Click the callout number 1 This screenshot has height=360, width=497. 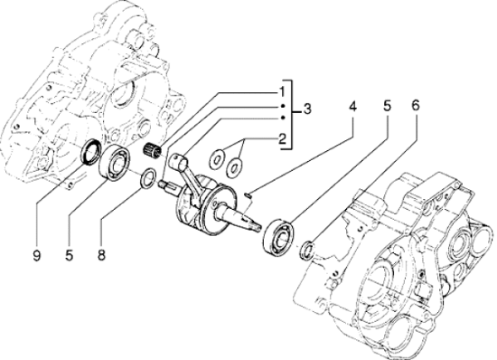tap(282, 92)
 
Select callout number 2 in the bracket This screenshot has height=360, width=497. tap(282, 138)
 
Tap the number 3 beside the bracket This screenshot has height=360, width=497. tap(306, 109)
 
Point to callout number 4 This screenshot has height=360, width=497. tap(352, 106)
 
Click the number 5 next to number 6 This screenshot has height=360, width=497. tap(387, 106)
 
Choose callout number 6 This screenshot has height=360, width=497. tap(416, 106)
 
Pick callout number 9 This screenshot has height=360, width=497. tap(36, 255)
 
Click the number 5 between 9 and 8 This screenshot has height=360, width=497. tap(69, 255)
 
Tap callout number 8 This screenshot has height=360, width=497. tap(101, 255)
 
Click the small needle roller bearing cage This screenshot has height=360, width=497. tap(152, 149)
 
